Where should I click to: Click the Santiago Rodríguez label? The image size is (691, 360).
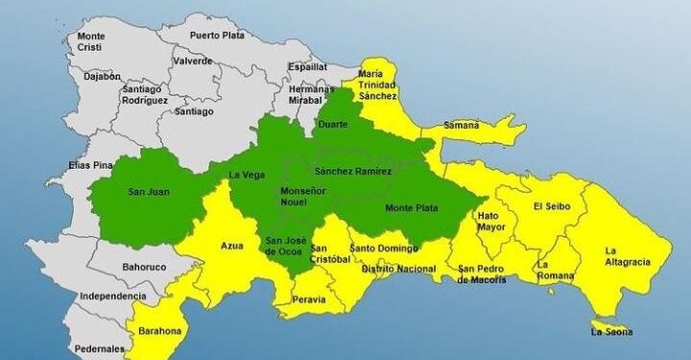[x=146, y=95]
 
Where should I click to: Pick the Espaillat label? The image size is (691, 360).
[x=308, y=67]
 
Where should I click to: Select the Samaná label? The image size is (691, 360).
[x=462, y=126]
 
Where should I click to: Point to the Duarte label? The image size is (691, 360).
[x=331, y=124]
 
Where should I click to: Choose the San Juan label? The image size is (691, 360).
[x=149, y=192]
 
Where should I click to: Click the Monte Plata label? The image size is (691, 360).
[x=409, y=208]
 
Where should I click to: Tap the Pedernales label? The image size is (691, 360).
[x=101, y=348]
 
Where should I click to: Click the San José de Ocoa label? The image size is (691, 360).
[x=285, y=246]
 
